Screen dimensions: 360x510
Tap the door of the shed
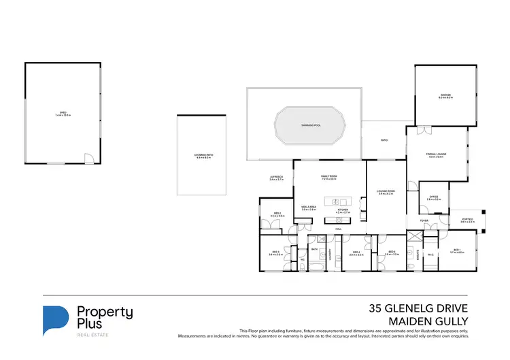88,159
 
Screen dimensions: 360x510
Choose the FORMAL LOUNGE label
436,156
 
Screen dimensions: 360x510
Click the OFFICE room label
434,198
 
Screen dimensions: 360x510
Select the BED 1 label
457,251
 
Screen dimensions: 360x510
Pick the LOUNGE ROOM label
386,193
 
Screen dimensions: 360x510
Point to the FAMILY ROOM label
329,178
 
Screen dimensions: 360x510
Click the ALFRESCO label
275,178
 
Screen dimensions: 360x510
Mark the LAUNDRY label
330,255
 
